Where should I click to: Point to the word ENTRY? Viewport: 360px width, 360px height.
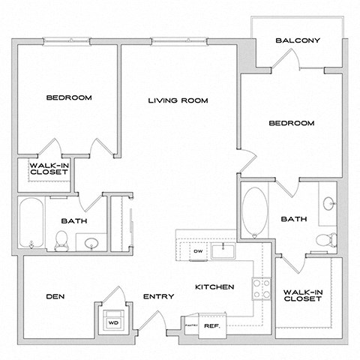click(158, 297)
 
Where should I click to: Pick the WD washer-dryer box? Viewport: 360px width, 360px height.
click(114, 322)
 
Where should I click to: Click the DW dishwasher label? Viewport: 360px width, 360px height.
click(199, 251)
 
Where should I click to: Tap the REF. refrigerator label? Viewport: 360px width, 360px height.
click(211, 325)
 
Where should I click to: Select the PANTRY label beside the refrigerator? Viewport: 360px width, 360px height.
click(190, 325)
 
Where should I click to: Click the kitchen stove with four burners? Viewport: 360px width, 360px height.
click(260, 288)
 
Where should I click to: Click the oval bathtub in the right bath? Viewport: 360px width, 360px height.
click(253, 211)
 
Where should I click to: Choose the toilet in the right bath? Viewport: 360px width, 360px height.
click(325, 240)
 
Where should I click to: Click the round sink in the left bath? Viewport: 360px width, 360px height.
click(91, 242)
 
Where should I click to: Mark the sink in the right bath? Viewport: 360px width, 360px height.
click(330, 203)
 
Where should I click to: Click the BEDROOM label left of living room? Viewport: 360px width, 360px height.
click(69, 97)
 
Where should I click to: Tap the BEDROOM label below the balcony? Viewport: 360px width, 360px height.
click(292, 122)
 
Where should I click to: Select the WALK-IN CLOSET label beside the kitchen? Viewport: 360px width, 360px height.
click(302, 295)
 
